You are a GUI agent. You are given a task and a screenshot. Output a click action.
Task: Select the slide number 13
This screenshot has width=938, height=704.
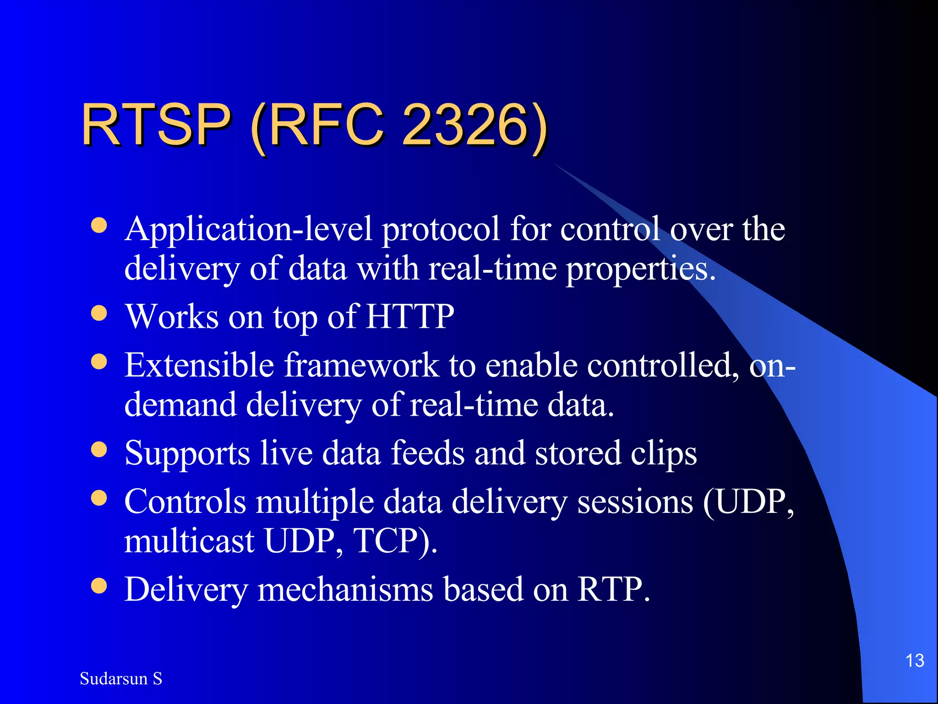click(x=915, y=660)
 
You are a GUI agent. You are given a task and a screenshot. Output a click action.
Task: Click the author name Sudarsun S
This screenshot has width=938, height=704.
click(x=121, y=678)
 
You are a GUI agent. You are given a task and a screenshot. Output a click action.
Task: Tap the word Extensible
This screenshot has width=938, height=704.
click(x=199, y=365)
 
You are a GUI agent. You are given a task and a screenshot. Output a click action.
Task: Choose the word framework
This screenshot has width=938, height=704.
click(x=361, y=365)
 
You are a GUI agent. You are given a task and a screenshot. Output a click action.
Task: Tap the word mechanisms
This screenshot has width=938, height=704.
click(x=345, y=589)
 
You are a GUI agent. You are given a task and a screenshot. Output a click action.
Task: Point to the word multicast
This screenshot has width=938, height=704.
click(x=189, y=541)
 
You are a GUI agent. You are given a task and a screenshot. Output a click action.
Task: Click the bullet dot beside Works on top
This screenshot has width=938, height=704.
click(x=99, y=313)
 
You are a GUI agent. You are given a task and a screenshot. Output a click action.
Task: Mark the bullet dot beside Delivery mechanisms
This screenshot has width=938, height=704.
click(x=99, y=585)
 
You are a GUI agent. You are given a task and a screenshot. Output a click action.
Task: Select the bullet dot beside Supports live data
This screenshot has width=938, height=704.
click(x=99, y=450)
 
